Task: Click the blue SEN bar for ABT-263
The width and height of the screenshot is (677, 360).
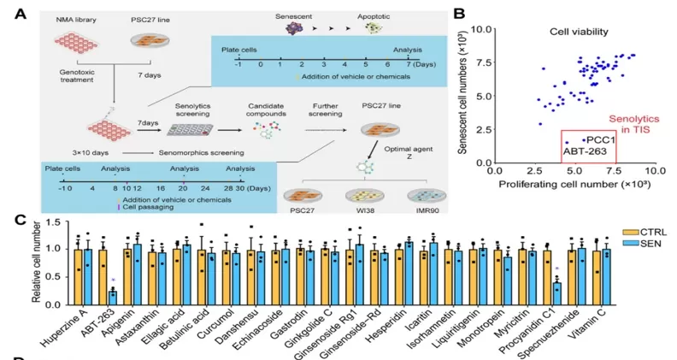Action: (112, 297)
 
